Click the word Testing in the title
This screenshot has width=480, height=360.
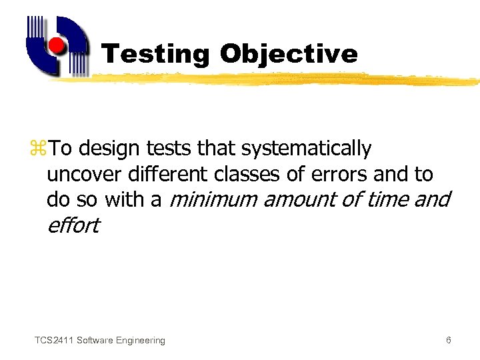155,54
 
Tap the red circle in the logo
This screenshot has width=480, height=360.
57,46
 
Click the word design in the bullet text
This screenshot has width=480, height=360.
111,149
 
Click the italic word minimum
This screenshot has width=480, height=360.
215,199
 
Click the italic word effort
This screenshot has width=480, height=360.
73,225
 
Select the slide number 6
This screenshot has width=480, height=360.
449,341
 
